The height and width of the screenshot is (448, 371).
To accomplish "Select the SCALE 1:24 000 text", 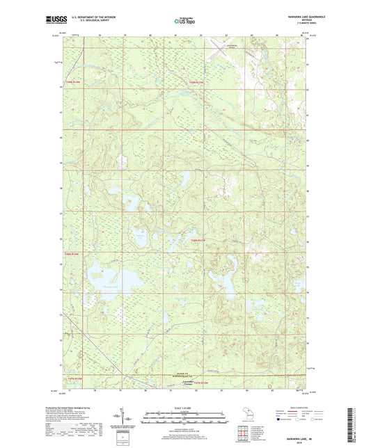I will pos(185,408).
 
